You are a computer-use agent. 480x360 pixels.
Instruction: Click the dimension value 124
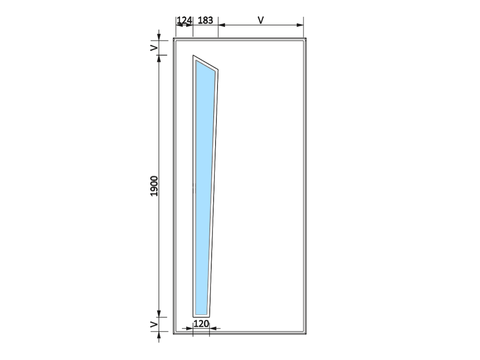tap(184, 20)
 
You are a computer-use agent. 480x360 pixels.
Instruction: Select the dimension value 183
tap(205, 20)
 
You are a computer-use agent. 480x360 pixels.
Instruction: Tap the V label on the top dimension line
tap(261, 20)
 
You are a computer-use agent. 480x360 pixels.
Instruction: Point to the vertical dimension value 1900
tap(154, 186)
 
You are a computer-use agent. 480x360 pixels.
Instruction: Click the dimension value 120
tap(201, 324)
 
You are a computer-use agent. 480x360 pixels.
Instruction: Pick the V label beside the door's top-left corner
tap(154, 48)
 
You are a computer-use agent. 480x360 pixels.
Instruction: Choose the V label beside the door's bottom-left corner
tap(154, 324)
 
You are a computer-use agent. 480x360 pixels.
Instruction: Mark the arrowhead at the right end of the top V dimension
tap(300, 25)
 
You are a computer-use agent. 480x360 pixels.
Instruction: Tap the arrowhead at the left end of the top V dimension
tap(222, 25)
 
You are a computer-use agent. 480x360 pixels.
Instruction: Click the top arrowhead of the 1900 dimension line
tap(159, 59)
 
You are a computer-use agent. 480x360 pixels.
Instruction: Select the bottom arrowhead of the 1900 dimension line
tap(159, 313)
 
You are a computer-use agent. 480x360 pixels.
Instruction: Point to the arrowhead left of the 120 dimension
tap(190, 328)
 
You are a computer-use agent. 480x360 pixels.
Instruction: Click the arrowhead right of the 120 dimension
tap(213, 328)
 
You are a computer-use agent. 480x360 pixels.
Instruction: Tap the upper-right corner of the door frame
tap(306, 38)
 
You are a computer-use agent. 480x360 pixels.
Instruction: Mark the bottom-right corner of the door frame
tap(306, 334)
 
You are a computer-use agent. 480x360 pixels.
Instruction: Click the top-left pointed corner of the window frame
tap(193, 55)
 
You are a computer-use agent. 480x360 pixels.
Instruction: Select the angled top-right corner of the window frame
tap(218, 70)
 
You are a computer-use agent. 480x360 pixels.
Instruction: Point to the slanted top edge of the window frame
tap(205, 63)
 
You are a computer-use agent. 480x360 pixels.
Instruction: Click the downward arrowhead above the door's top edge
tap(159, 37)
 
